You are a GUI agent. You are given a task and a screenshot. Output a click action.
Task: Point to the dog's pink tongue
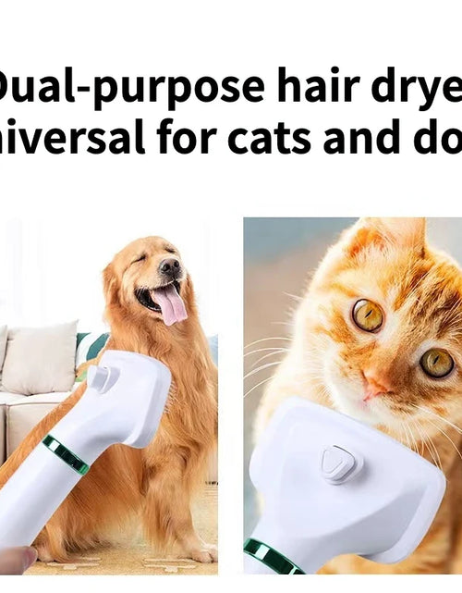pyautogui.click(x=170, y=303)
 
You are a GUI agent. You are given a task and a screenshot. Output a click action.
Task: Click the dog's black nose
pyautogui.click(x=170, y=267)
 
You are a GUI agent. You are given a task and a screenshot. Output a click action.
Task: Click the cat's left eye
pyautogui.click(x=367, y=315)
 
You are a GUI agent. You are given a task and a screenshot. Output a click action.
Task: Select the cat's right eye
pyautogui.click(x=436, y=362)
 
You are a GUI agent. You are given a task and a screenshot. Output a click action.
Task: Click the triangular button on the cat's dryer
pyautogui.click(x=339, y=462)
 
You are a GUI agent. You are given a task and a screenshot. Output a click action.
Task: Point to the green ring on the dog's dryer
pyautogui.click(x=66, y=454)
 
